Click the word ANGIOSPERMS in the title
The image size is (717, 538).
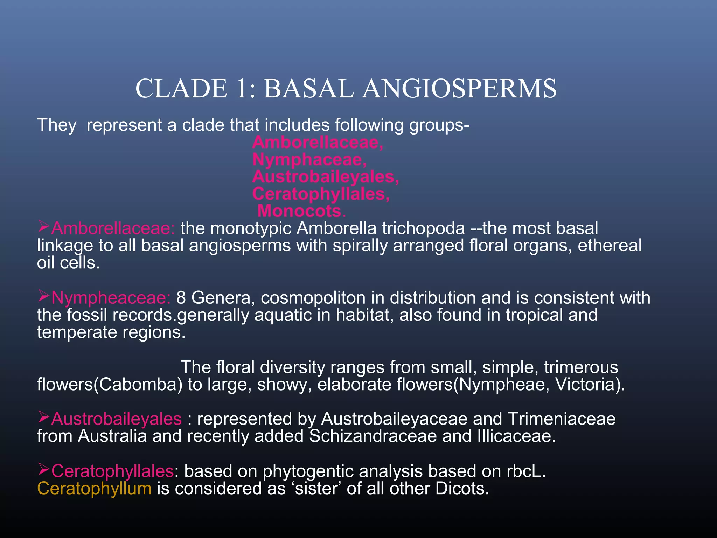[x=459, y=89]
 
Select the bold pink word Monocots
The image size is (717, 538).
[x=301, y=211]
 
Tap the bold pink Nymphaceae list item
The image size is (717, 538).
[x=309, y=160]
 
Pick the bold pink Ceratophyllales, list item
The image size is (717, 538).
[x=321, y=194]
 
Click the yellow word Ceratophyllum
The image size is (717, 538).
[x=94, y=489]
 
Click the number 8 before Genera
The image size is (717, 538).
[x=181, y=298]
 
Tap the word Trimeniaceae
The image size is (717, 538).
[x=562, y=419]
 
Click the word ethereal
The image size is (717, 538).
[x=610, y=246]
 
